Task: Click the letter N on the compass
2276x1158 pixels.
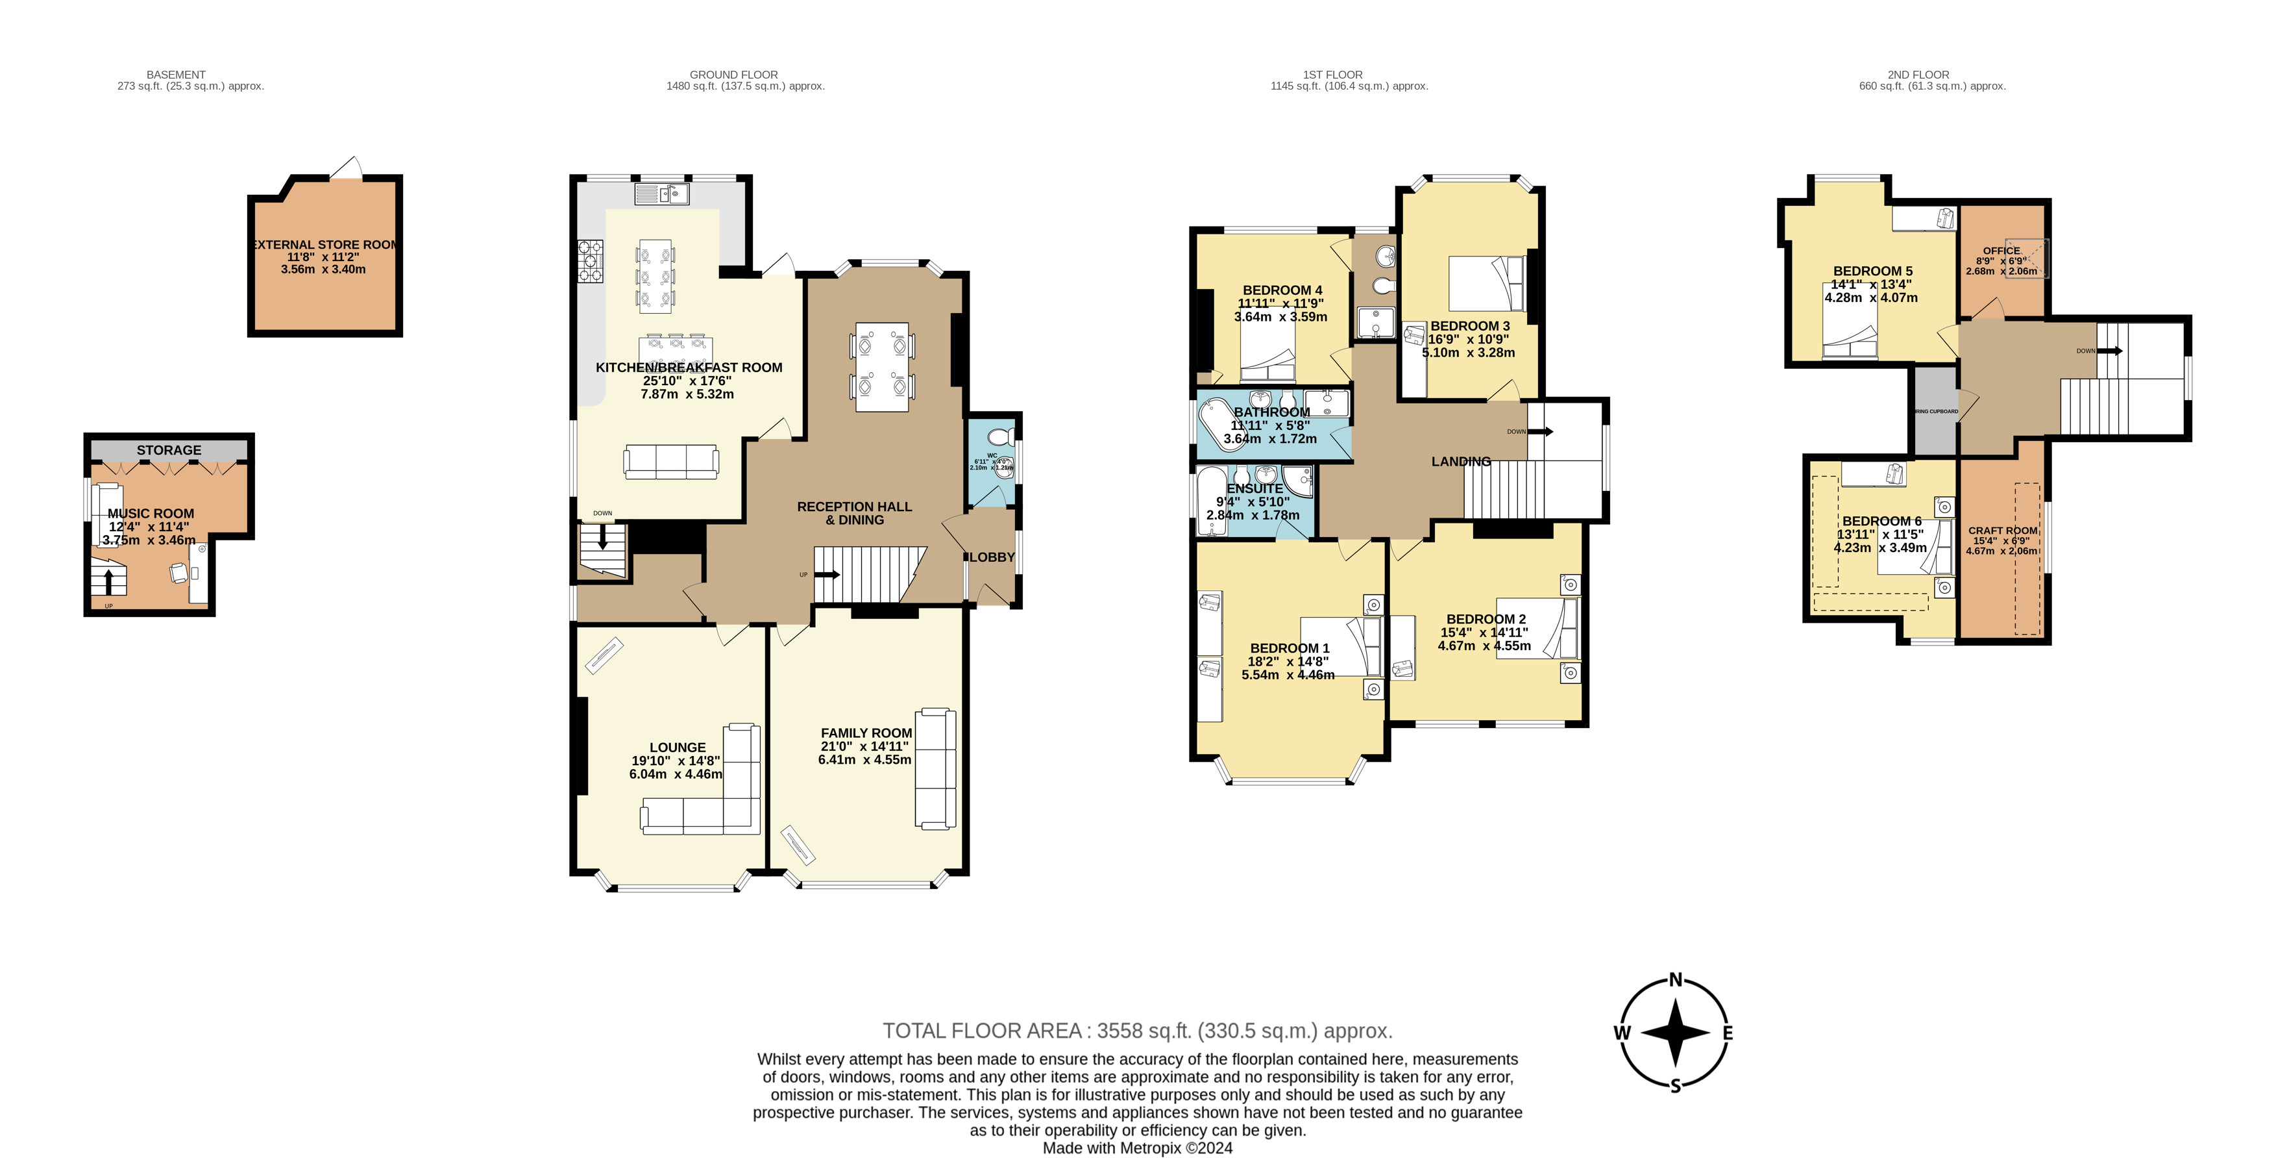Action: point(1675,979)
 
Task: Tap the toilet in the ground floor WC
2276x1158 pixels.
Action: point(1000,436)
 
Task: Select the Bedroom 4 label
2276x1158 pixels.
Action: point(1281,290)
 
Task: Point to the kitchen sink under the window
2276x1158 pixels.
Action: point(661,194)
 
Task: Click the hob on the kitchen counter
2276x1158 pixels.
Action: point(590,262)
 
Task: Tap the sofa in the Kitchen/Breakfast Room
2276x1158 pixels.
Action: point(670,461)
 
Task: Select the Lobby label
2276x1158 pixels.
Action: point(992,557)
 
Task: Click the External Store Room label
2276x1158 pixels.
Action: point(325,245)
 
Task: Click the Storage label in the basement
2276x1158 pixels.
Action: point(169,450)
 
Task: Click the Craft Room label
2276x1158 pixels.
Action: point(2002,531)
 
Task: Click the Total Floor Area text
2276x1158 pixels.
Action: point(1137,1031)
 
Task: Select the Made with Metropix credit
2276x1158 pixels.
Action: point(1137,1148)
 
